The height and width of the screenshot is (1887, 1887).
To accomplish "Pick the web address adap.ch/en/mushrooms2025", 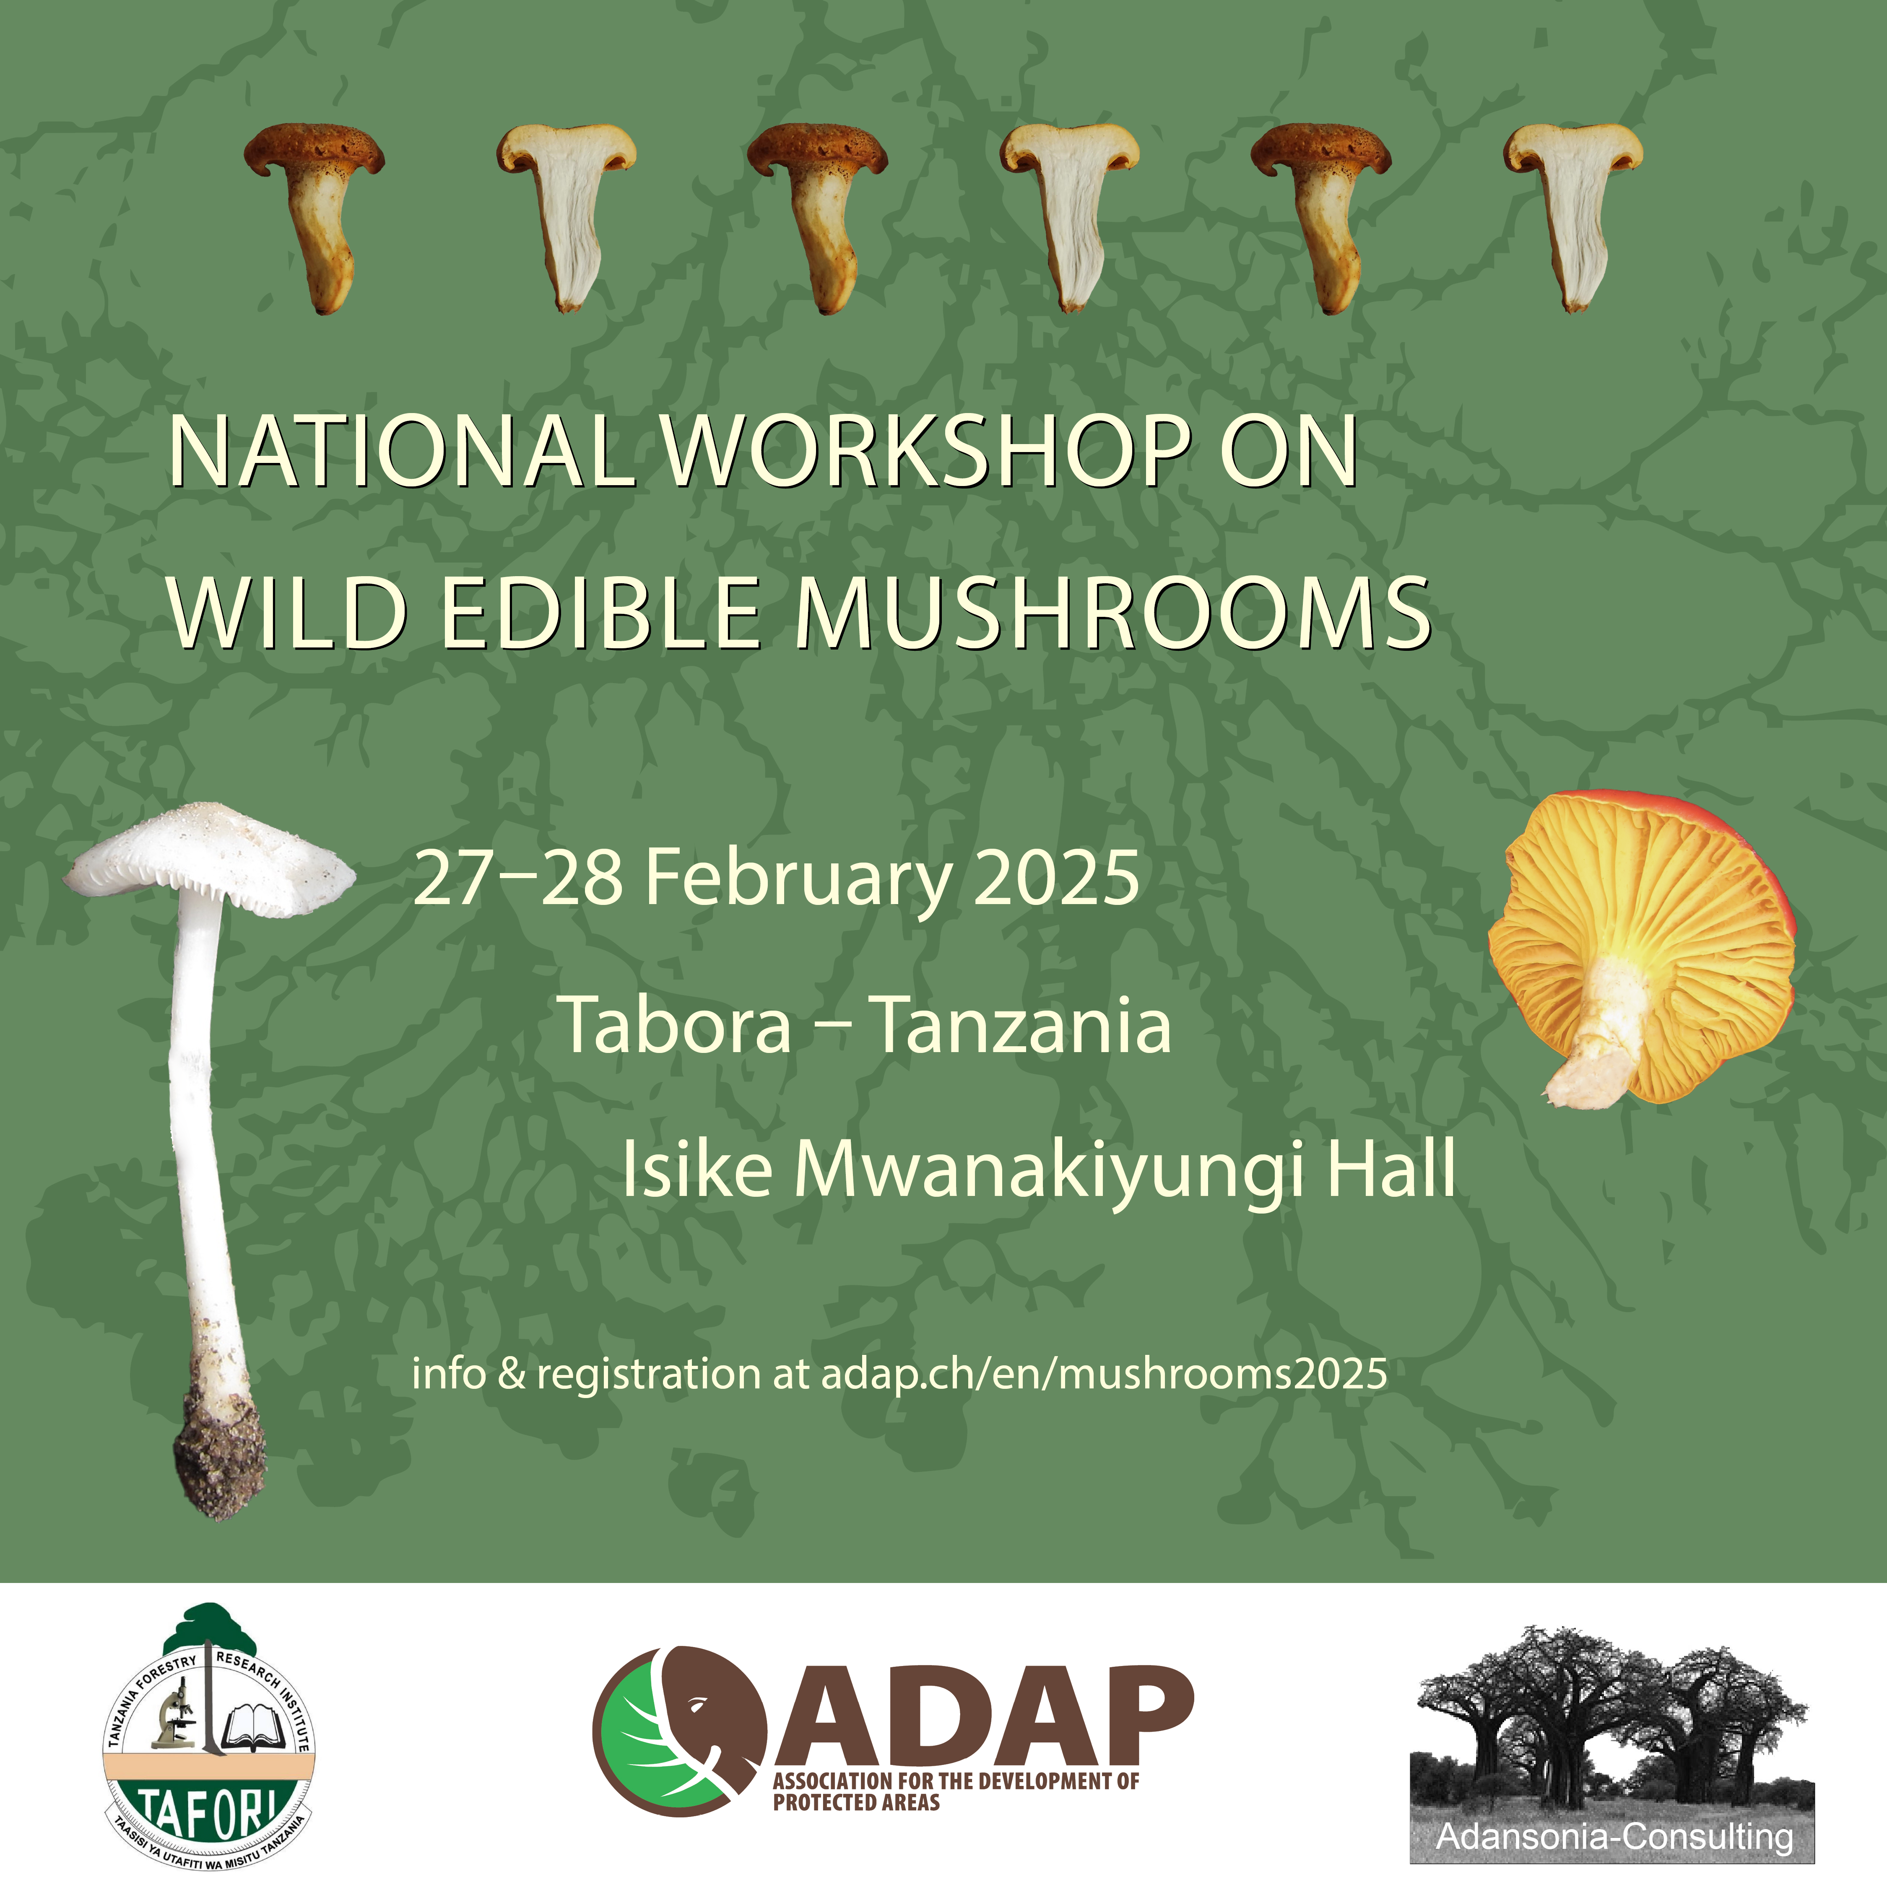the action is pyautogui.click(x=1104, y=1374).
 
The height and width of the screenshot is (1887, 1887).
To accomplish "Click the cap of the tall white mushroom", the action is pyautogui.click(x=210, y=860).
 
